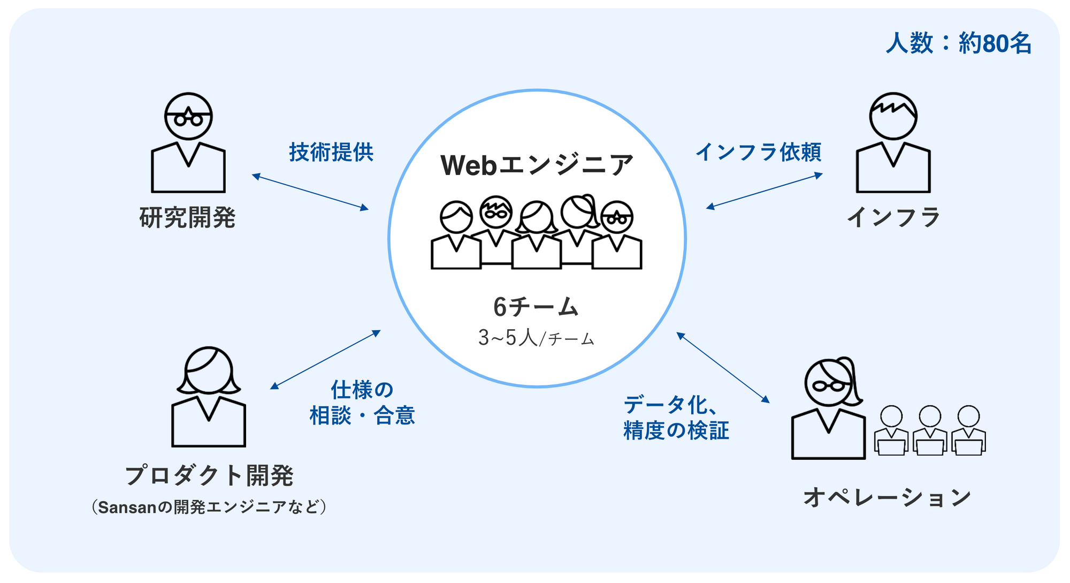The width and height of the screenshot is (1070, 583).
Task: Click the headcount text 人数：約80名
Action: coord(958,43)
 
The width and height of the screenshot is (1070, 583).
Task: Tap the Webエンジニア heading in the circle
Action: coord(537,165)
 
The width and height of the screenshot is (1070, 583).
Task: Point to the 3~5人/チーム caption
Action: coord(536,338)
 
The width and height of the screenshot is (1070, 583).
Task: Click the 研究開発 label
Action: coord(187,218)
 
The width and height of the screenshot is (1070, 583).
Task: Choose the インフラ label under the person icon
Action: coord(893,217)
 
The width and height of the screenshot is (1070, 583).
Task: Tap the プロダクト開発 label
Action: coord(209,475)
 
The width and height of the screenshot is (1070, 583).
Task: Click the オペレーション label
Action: coord(888,497)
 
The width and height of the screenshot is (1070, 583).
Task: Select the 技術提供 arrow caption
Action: coord(331,153)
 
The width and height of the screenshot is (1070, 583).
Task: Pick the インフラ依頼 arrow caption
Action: coord(758,153)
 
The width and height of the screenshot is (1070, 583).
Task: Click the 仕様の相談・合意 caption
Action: coord(362,403)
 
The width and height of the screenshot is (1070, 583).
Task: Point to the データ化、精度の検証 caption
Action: coord(676,418)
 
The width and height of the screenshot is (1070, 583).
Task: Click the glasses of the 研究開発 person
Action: coord(188,118)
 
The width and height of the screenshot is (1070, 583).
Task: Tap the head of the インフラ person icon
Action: coord(893,116)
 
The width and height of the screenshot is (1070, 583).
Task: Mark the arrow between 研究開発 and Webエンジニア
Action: coord(310,192)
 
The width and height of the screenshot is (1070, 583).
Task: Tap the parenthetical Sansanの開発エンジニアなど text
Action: coord(209,507)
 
